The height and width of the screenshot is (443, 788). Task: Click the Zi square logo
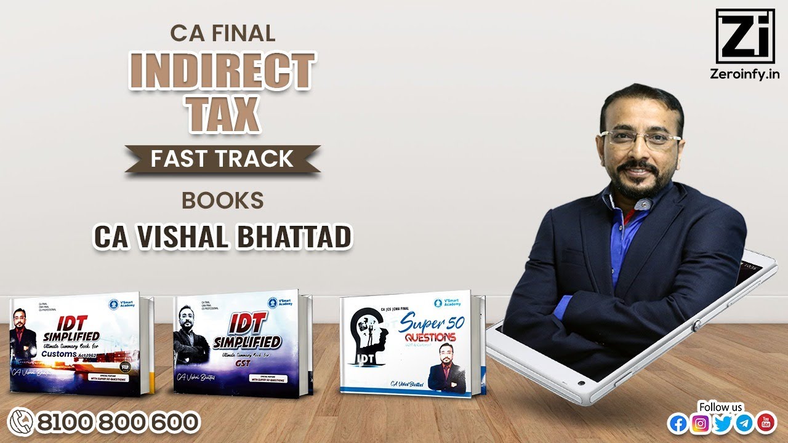click(746, 36)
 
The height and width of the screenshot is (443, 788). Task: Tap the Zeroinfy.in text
click(746, 74)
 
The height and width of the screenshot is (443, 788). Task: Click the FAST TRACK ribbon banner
click(222, 159)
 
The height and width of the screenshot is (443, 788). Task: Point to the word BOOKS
click(222, 201)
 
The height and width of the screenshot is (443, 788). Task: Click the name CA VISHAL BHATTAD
click(222, 238)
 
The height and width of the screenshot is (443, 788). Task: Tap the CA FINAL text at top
click(222, 33)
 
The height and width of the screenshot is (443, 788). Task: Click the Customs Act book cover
click(80, 346)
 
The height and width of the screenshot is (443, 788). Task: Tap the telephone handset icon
click(21, 423)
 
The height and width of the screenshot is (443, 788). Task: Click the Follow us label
click(721, 407)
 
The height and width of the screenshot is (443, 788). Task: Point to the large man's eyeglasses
click(641, 138)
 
